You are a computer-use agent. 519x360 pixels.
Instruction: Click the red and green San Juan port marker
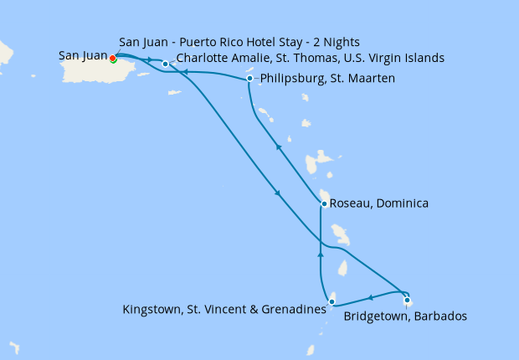(112, 59)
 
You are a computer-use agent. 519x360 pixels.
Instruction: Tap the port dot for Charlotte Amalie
(166, 64)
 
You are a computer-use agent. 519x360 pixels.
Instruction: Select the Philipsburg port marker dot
(250, 80)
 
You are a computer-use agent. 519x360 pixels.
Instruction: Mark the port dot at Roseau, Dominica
(324, 203)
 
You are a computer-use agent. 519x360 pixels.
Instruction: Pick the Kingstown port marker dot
(332, 302)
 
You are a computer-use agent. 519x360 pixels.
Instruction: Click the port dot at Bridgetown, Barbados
(407, 301)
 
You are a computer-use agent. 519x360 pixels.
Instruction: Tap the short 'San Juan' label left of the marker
(83, 56)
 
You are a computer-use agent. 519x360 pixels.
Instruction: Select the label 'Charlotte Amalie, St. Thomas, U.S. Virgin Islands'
(311, 59)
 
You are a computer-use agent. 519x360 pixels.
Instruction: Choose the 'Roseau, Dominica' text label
(379, 203)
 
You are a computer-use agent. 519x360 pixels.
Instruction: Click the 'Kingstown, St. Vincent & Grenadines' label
(224, 310)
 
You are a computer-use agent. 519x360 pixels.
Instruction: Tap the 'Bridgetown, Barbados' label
(405, 316)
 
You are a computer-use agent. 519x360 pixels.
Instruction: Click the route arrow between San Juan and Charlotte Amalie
(149, 59)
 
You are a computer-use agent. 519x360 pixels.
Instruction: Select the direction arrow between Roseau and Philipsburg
(277, 147)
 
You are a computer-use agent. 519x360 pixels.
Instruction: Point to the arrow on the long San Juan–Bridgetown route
(278, 194)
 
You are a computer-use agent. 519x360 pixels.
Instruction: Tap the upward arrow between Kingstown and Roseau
(321, 252)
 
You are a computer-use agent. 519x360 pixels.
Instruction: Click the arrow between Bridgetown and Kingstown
(370, 297)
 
